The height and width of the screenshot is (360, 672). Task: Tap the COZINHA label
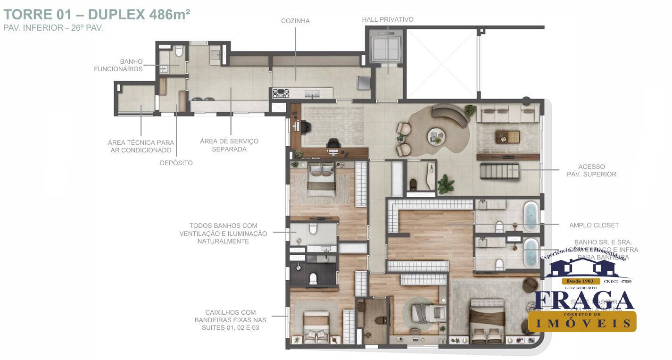(x=295, y=21)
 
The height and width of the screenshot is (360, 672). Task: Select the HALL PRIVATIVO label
(x=388, y=19)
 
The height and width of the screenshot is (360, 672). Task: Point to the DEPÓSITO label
(x=176, y=163)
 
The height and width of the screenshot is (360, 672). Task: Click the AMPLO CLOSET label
(x=594, y=225)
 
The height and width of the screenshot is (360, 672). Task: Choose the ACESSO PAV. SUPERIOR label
(x=591, y=170)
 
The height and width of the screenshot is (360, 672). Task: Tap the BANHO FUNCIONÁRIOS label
(x=118, y=65)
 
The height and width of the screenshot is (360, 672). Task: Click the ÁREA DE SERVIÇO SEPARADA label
(x=229, y=145)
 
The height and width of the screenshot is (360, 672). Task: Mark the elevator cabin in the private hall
(x=386, y=47)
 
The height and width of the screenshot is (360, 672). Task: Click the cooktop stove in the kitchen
(x=281, y=93)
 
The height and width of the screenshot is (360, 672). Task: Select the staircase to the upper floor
(x=499, y=170)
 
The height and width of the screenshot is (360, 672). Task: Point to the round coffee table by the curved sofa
(x=435, y=136)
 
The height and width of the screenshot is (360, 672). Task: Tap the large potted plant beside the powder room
(x=445, y=184)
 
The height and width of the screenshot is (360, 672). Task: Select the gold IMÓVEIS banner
(x=582, y=322)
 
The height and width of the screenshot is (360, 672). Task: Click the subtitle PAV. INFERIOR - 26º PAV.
(x=53, y=28)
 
